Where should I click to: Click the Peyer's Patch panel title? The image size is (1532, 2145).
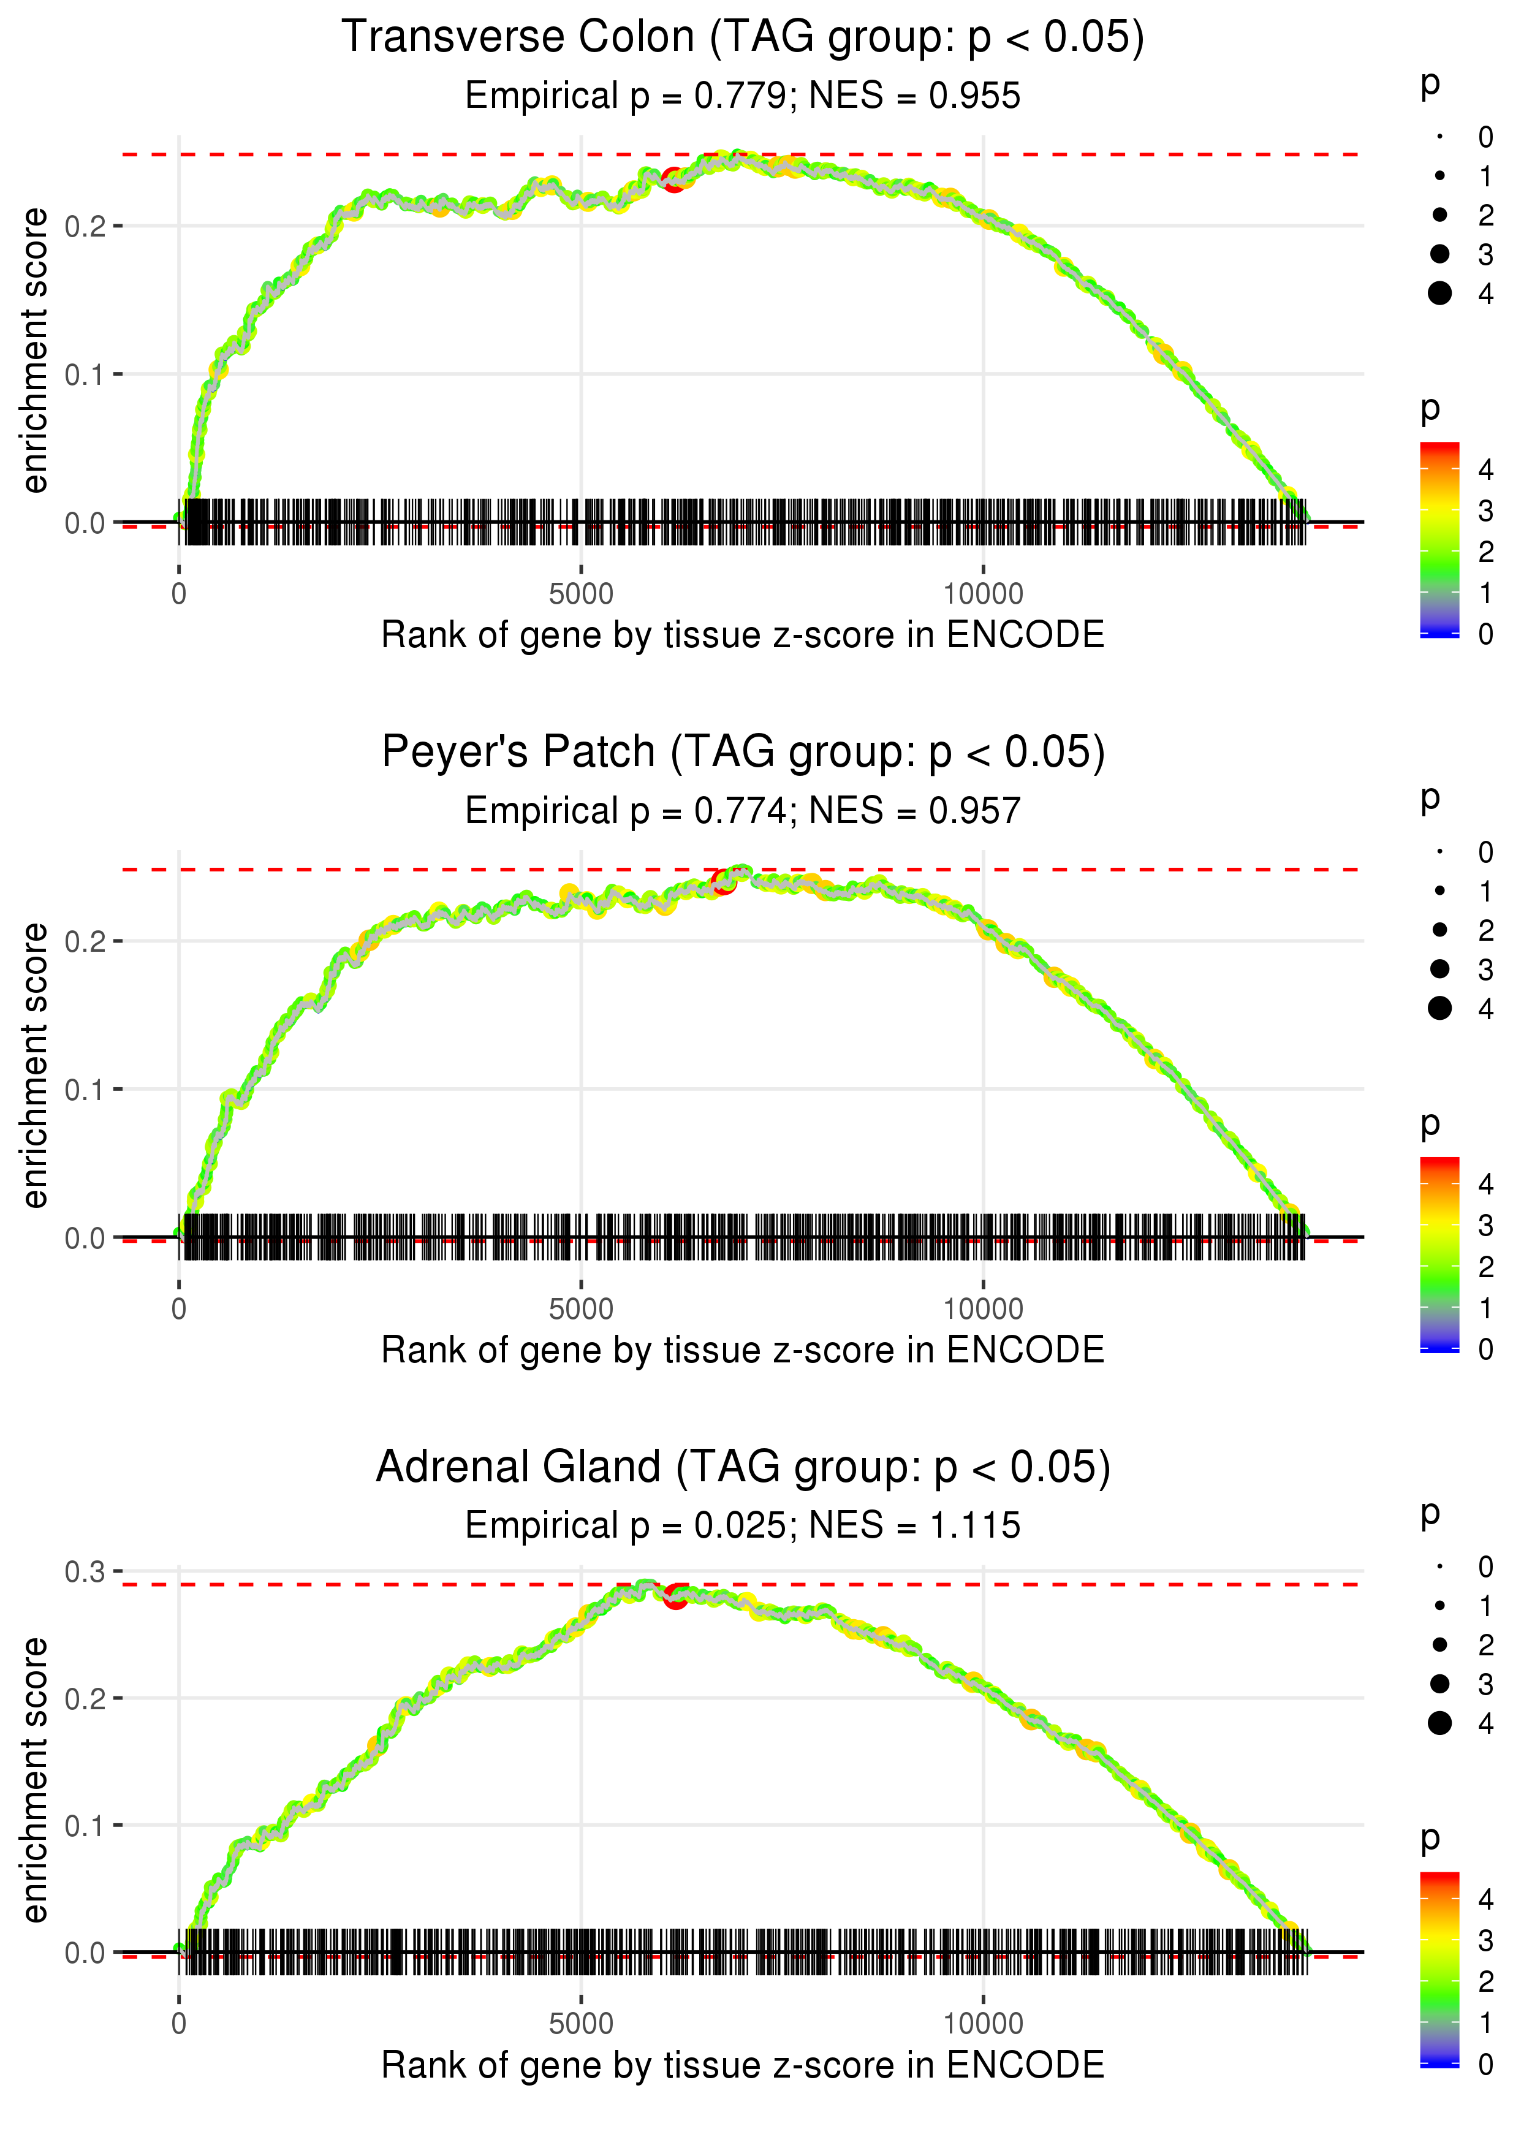[743, 753]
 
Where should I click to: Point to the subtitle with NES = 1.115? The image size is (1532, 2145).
[743, 1525]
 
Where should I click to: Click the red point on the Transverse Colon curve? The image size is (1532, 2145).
[673, 179]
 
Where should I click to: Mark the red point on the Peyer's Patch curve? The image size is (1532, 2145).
[724, 882]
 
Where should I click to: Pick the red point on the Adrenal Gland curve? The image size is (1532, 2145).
[675, 1596]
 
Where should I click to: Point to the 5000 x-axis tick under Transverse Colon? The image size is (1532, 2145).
[581, 594]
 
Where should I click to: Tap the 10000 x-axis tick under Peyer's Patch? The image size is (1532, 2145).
[983, 1309]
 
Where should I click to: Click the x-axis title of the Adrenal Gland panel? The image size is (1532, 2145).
[743, 2065]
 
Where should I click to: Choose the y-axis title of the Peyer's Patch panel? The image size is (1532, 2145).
[35, 1065]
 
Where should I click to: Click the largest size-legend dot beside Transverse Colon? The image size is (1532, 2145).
[1439, 294]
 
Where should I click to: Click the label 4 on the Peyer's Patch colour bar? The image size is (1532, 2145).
[1486, 1184]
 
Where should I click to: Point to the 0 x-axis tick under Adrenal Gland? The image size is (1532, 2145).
[179, 2024]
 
